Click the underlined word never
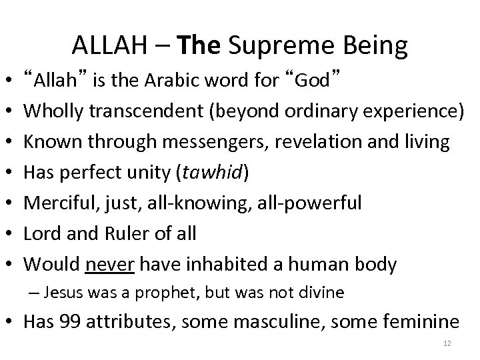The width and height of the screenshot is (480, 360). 111,265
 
